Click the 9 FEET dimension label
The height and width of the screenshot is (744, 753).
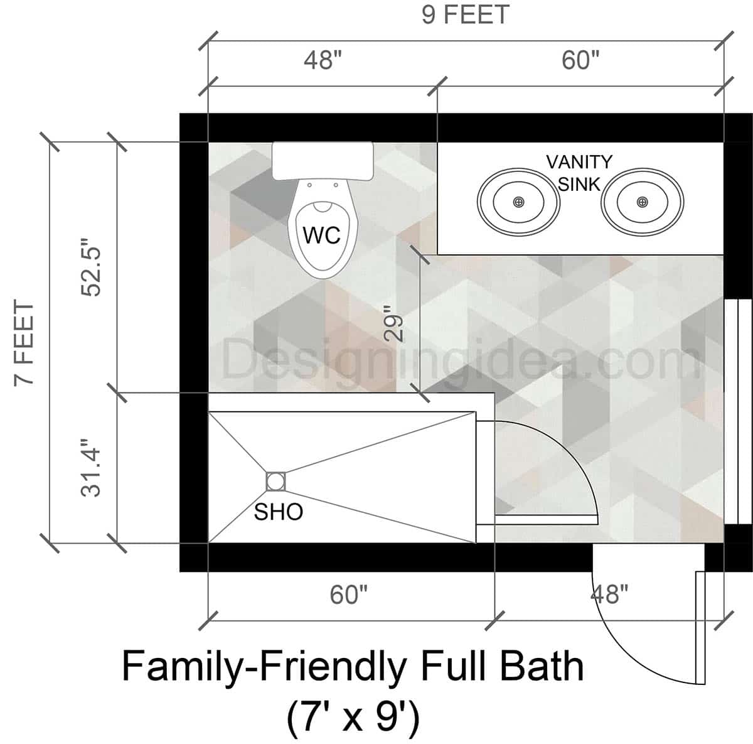click(x=465, y=14)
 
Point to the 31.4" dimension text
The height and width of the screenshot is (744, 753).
click(x=92, y=472)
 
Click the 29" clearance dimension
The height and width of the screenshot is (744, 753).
click(x=393, y=324)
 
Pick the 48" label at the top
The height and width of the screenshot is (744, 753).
click(x=323, y=60)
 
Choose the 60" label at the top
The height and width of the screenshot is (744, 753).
click(x=580, y=60)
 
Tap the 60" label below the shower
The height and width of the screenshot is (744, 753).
click(x=349, y=594)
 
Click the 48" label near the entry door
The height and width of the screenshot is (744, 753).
click(x=609, y=593)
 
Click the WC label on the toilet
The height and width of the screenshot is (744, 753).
click(x=321, y=235)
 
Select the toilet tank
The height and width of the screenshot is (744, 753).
click(x=323, y=161)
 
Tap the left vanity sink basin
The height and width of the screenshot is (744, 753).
click(x=518, y=202)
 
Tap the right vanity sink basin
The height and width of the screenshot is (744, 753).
click(x=642, y=202)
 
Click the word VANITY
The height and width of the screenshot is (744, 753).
click(x=579, y=162)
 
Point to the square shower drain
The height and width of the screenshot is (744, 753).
click(x=275, y=482)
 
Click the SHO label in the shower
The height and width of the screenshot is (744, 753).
click(x=278, y=512)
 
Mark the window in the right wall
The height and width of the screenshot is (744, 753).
click(x=738, y=411)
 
